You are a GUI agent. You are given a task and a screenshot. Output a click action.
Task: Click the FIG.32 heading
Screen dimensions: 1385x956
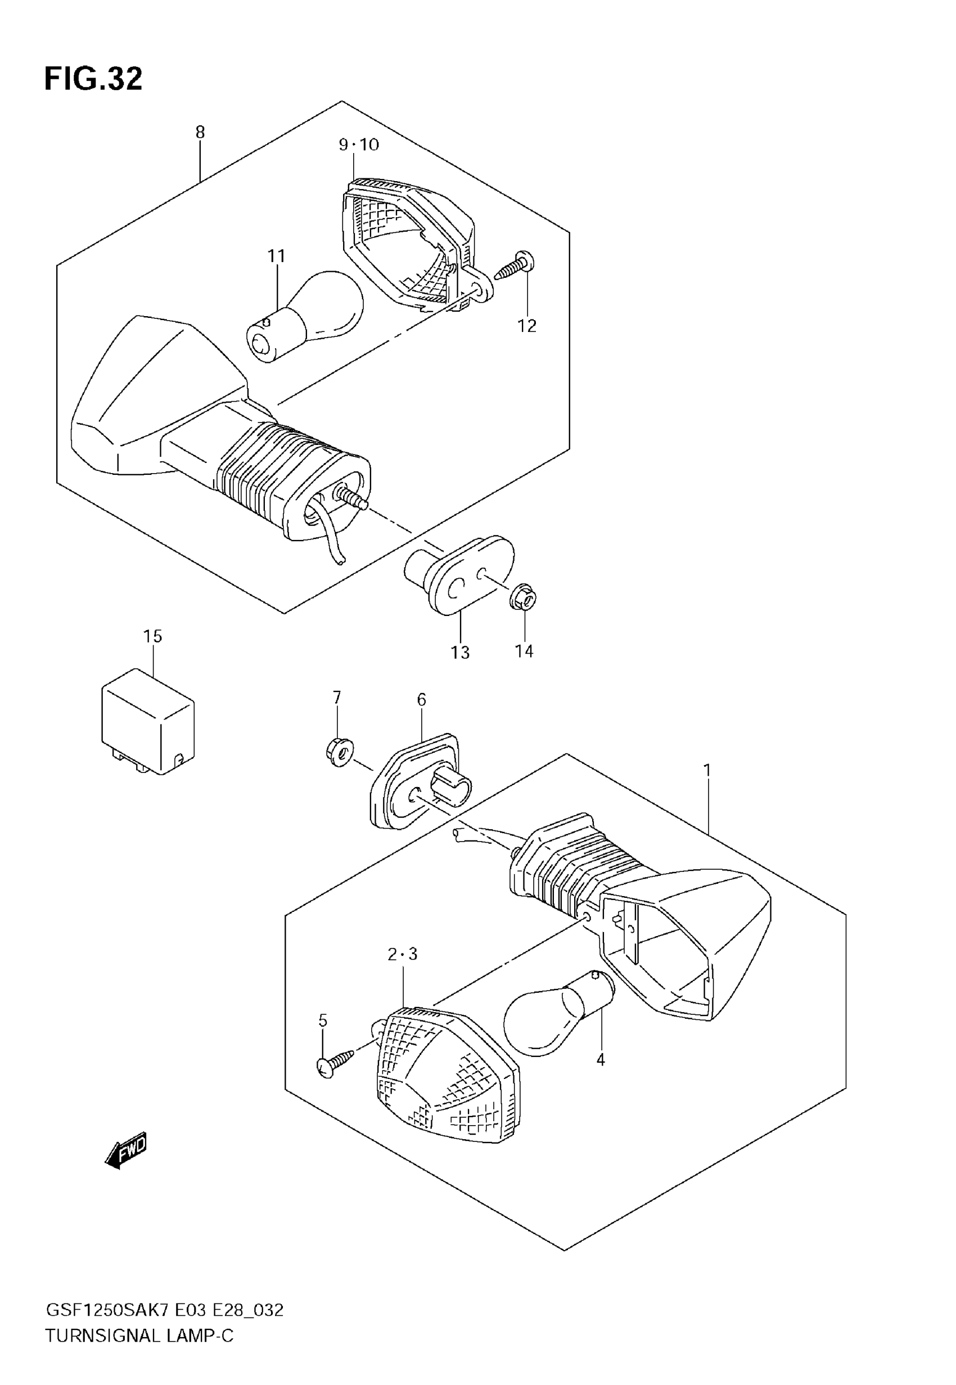pyautogui.click(x=93, y=79)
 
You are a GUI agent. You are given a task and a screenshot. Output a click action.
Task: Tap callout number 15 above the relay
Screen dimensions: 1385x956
pyautogui.click(x=153, y=636)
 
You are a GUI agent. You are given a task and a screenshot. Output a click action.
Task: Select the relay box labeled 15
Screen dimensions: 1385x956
pyautogui.click(x=148, y=722)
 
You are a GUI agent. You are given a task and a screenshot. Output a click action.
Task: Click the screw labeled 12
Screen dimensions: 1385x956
pyautogui.click(x=515, y=267)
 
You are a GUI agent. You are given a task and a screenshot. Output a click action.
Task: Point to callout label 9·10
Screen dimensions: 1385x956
pyautogui.click(x=359, y=145)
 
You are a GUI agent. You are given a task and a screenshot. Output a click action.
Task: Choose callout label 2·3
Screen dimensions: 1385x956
pyautogui.click(x=402, y=954)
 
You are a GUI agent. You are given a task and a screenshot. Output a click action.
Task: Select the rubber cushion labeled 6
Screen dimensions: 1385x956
pyautogui.click(x=413, y=782)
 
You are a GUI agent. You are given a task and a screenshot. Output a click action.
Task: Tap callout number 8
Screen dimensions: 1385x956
pyautogui.click(x=200, y=132)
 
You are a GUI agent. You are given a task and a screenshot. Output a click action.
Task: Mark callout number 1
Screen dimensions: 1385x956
pyautogui.click(x=707, y=770)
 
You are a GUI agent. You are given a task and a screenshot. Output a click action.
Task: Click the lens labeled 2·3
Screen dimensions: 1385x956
pyautogui.click(x=447, y=1075)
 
